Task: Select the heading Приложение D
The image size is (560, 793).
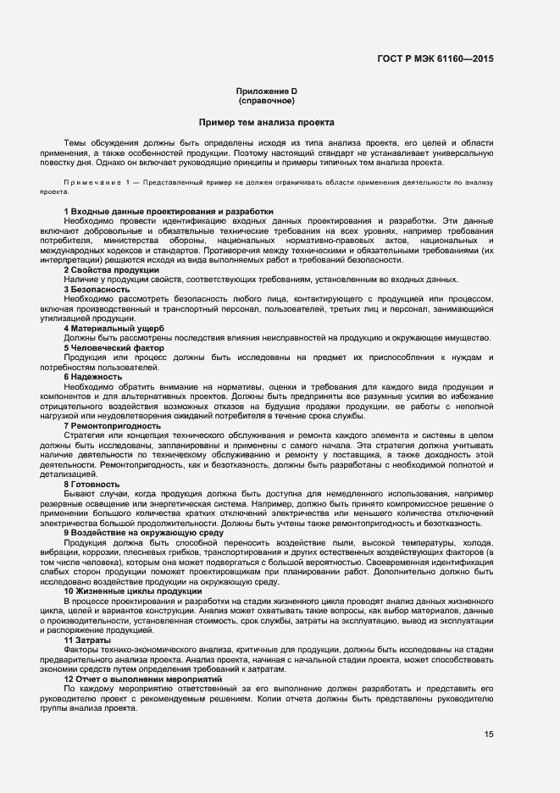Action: click(267, 91)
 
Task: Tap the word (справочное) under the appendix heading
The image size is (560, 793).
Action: click(267, 100)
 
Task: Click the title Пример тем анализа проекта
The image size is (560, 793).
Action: click(267, 123)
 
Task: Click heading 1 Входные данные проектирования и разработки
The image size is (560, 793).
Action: click(169, 210)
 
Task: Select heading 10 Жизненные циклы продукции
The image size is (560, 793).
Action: click(132, 591)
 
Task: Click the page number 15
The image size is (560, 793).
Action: click(489, 735)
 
